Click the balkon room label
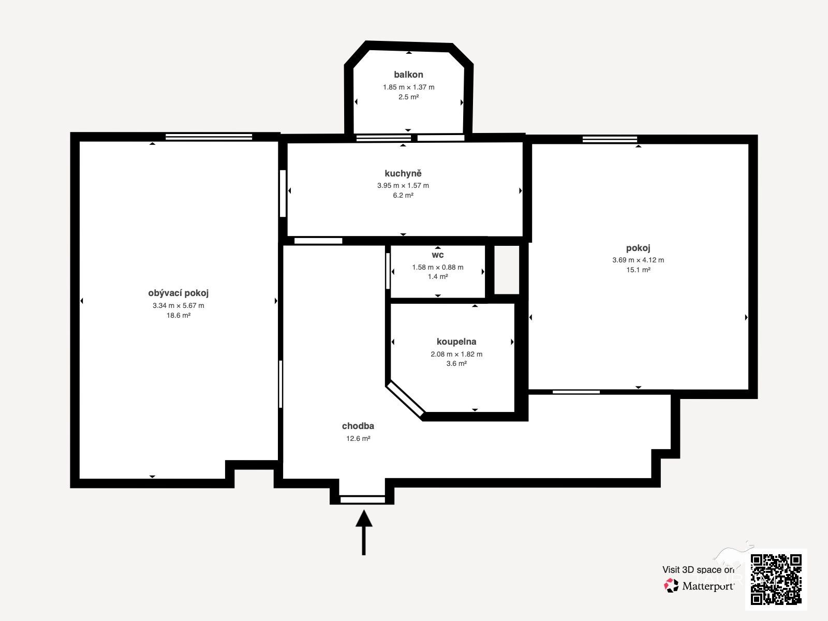point(408,75)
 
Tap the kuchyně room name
point(403,173)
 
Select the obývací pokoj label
point(178,293)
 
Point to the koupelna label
point(456,342)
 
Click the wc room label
point(438,255)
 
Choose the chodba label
point(358,426)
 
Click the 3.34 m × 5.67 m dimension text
point(178,305)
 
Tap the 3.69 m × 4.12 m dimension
point(638,260)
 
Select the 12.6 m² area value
point(358,438)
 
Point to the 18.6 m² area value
point(178,315)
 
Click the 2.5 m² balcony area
point(408,97)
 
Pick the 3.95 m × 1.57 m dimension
point(403,185)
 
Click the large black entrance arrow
point(364,533)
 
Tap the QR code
point(776,579)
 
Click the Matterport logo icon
point(671,586)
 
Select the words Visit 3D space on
point(698,570)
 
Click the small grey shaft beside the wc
point(507,270)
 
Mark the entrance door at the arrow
point(363,500)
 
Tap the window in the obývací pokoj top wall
point(209,137)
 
